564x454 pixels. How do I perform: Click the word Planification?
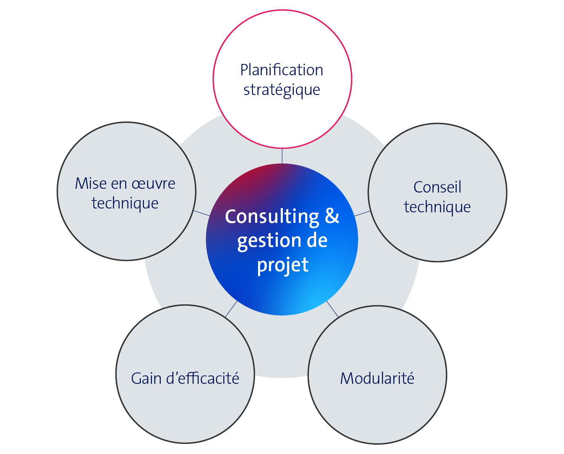282,70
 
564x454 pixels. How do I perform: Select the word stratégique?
282,90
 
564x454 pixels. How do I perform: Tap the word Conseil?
437,187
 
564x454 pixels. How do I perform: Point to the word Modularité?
377,378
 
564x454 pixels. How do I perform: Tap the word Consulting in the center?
272,216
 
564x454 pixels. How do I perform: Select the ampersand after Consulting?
332,216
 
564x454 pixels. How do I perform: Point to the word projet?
282,265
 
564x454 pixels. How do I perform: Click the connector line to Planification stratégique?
282,156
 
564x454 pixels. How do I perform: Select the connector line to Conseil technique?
362,214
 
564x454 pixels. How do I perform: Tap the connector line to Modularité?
332,309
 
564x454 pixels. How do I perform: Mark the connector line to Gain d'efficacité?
231,309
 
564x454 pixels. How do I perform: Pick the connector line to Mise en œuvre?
202,213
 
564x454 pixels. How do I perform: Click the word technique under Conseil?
437,207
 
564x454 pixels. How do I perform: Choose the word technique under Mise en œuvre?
125,203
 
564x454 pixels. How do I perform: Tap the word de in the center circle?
317,241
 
